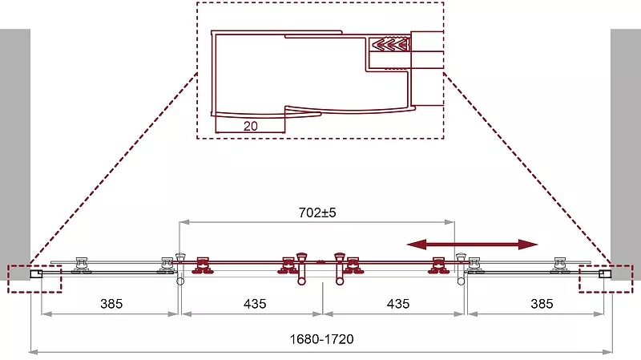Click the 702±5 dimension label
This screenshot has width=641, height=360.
click(317, 212)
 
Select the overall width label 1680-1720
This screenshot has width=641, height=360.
click(322, 339)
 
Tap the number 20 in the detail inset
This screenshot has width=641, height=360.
click(250, 126)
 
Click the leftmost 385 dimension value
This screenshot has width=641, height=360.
click(111, 304)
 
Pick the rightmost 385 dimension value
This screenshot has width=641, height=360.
click(542, 304)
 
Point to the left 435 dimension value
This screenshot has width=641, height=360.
click(255, 304)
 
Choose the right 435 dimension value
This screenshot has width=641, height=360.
click(398, 304)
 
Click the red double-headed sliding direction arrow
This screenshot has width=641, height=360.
click(472, 245)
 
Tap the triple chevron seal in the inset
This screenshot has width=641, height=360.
click(389, 44)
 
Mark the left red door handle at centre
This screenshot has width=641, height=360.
click(301, 269)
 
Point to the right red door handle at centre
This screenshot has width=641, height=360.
click(340, 269)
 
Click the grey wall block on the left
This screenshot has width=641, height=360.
click(15, 154)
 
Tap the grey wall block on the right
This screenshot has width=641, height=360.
click(626, 154)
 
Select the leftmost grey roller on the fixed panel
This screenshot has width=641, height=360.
click(81, 265)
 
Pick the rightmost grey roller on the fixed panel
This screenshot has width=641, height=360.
click(559, 265)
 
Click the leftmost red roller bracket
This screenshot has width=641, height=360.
click(203, 265)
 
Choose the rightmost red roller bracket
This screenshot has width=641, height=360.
click(438, 265)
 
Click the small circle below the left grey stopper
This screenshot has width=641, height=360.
click(180, 281)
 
